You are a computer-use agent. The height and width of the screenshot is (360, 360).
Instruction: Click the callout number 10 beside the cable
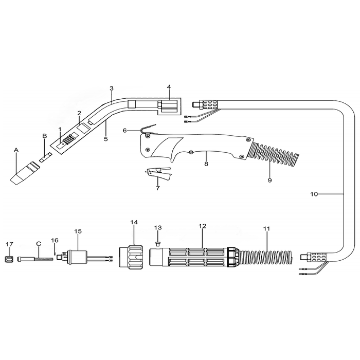314,194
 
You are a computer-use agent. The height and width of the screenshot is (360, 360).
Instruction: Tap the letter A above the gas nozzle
16,150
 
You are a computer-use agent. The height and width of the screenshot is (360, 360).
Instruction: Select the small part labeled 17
9,260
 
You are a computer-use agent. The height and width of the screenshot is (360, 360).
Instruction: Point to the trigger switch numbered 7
158,173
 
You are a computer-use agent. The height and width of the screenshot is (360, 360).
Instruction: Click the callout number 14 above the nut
134,222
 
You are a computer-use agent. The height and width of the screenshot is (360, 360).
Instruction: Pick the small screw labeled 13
158,243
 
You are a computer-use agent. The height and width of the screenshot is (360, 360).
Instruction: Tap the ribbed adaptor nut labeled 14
131,257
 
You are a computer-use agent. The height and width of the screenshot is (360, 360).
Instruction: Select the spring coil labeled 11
266,258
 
